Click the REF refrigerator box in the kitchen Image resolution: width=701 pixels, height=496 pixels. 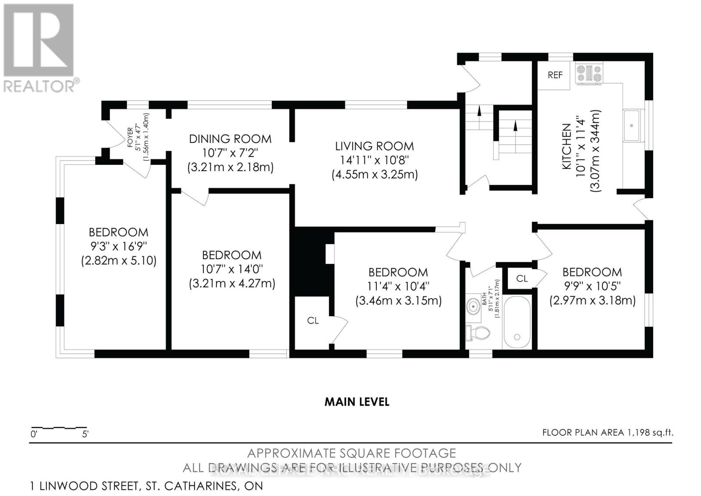coord(555,75)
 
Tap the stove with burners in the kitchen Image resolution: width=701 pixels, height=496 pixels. coord(589,74)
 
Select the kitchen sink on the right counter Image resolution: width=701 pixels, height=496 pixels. coord(632,125)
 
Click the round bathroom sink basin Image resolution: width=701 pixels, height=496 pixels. coord(473,306)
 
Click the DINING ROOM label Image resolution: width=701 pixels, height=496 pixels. coord(230,139)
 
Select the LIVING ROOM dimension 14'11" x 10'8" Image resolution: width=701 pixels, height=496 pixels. coord(374,160)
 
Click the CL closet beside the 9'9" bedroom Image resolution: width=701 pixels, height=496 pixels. coord(521,278)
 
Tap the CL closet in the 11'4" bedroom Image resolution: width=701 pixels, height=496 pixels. coord(313,321)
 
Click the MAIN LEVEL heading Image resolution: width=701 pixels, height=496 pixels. coord(357,402)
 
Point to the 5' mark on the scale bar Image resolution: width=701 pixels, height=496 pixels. coord(85,434)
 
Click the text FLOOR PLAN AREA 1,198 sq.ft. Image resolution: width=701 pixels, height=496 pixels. coord(607,432)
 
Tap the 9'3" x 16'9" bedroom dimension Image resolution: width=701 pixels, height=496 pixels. coord(118,246)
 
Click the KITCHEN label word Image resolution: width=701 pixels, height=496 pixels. coord(566,146)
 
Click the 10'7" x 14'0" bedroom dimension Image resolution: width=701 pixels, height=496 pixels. coord(232,269)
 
